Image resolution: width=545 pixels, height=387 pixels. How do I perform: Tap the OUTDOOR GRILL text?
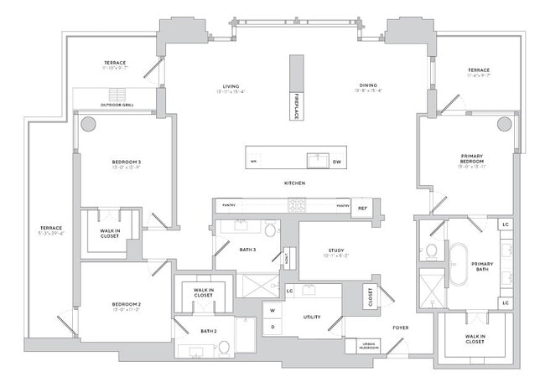point(117,105)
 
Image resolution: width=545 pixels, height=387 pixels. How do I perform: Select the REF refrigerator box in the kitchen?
point(363,208)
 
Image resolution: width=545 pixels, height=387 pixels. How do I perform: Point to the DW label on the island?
point(336,161)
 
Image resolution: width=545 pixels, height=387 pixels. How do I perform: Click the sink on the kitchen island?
point(315,159)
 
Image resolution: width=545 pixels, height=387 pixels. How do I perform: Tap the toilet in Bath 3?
point(270,230)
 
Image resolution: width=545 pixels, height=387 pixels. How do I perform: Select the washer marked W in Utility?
point(272,310)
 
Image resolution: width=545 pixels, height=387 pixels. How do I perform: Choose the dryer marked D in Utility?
point(272,326)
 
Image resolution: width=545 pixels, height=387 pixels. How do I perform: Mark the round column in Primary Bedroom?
point(504,124)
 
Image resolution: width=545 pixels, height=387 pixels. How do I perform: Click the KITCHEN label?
point(293,183)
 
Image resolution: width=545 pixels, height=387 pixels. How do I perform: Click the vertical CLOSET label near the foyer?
point(369,296)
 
